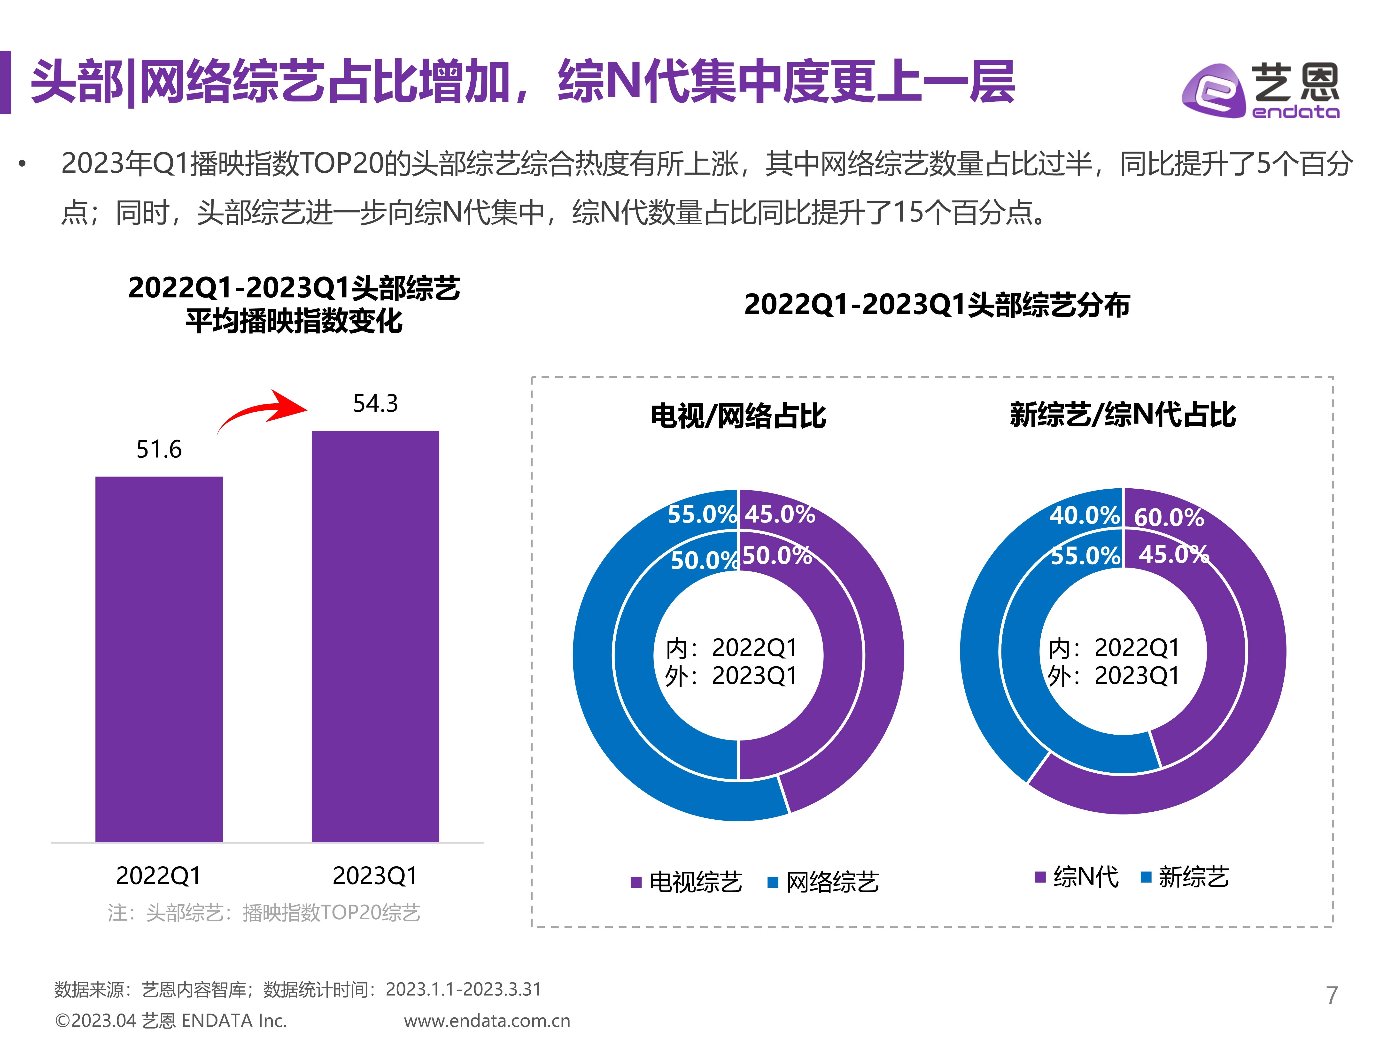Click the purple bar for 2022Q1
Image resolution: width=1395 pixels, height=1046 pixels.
[159, 659]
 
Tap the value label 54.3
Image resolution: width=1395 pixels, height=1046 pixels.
[375, 404]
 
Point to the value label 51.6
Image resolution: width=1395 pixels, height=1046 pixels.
[159, 450]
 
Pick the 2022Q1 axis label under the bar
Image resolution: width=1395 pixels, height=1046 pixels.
[158, 876]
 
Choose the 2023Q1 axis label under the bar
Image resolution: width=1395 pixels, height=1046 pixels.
[375, 876]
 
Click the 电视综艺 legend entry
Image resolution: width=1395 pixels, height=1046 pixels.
[687, 881]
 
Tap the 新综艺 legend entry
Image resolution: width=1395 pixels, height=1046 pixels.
[1186, 877]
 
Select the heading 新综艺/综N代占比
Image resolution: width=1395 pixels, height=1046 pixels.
[1123, 415]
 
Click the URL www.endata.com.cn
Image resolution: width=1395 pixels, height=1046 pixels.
[487, 1021]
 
